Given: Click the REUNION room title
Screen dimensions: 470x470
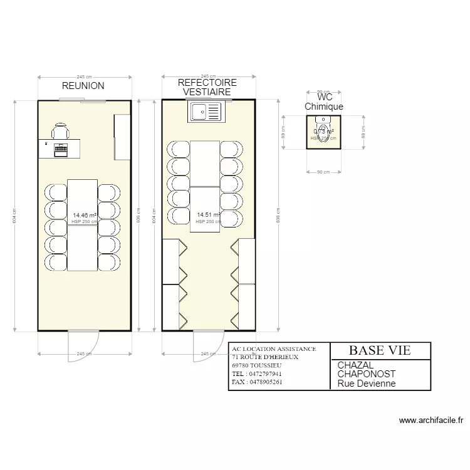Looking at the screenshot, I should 83,86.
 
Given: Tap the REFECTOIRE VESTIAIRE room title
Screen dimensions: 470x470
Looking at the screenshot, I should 207,88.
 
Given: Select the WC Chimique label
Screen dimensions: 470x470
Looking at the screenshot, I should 324,102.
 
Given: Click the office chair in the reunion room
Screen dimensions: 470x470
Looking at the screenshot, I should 60,132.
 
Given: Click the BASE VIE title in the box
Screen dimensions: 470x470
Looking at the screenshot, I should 380,350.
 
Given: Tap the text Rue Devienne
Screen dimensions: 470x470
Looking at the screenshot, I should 367,384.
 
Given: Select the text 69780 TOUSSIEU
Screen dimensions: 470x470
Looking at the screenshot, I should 256,365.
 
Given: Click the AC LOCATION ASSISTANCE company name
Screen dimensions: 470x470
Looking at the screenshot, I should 273,348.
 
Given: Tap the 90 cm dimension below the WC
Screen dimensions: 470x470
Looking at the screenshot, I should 324,172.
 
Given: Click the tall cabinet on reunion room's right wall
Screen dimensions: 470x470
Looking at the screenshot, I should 122,137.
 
